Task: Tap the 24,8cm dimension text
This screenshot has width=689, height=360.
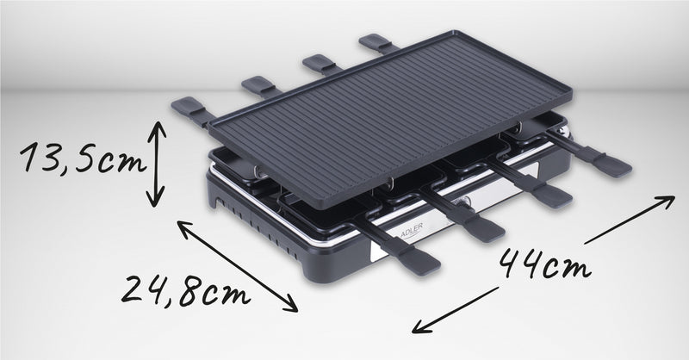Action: pos(185,290)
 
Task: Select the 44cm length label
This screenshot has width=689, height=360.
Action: pos(545,264)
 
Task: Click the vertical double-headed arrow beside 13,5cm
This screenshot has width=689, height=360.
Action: pos(156,164)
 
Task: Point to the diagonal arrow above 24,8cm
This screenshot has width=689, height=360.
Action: pos(238,266)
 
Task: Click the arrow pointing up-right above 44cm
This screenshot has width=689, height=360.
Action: pos(630,220)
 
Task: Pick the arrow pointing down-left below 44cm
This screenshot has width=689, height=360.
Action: pos(456,310)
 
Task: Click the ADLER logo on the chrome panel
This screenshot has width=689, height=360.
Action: pos(412,231)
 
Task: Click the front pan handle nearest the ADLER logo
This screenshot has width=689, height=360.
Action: pos(398,249)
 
